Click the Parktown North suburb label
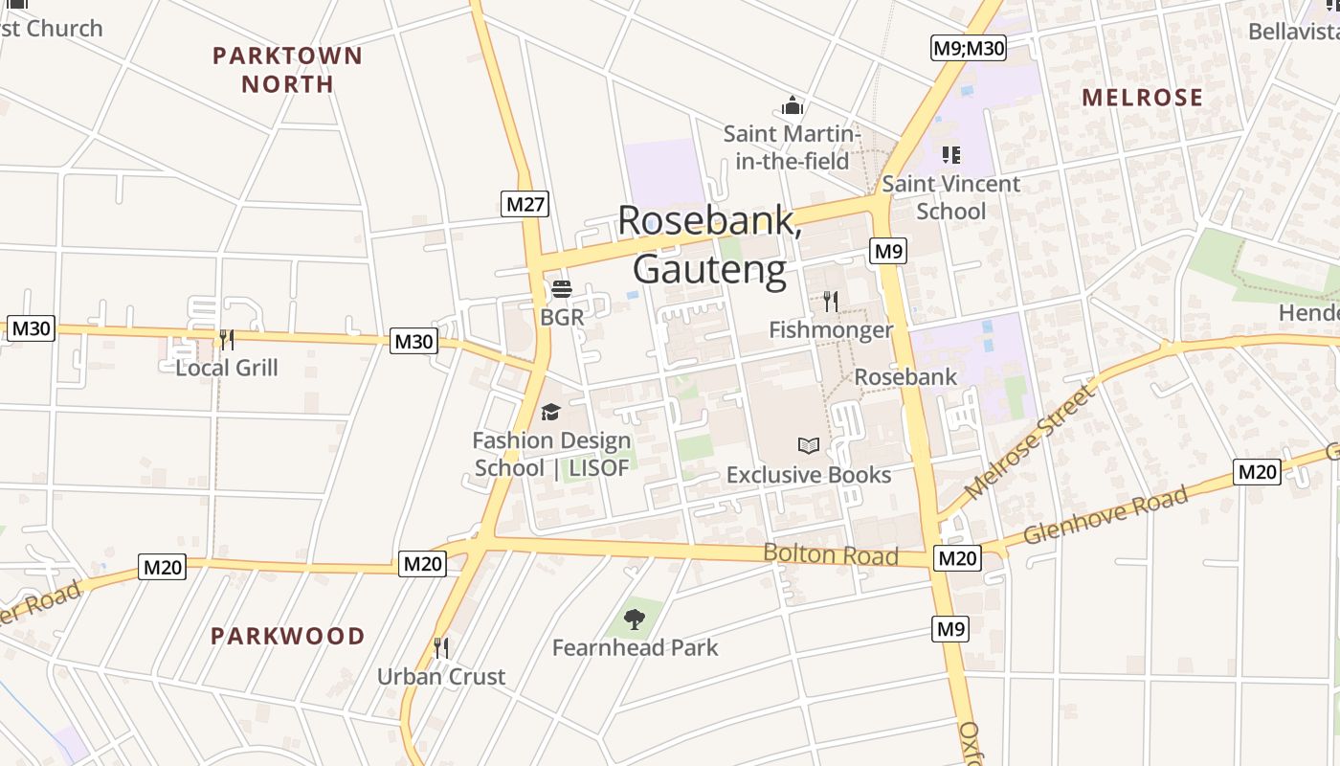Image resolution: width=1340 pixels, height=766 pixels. point(287,70)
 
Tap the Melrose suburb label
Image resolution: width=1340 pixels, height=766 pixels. point(1142,98)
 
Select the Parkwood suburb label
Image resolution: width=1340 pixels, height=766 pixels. point(287,636)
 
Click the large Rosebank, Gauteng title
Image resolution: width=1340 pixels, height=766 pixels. point(709,244)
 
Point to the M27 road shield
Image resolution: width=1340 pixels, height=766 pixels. point(525,204)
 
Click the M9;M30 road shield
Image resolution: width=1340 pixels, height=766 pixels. point(969,48)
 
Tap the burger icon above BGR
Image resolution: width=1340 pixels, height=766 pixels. point(561,289)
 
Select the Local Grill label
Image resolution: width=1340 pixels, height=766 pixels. point(227,368)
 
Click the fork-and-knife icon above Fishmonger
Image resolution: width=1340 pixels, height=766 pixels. point(831,302)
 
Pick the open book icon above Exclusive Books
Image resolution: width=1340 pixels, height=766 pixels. point(809,445)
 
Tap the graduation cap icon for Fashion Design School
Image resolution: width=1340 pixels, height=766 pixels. point(550,413)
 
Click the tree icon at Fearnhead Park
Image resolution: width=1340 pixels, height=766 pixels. point(634,620)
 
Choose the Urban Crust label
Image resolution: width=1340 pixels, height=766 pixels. point(441,676)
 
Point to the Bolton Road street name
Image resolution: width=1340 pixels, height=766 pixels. point(830,554)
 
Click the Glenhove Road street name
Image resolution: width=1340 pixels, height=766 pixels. point(1105,515)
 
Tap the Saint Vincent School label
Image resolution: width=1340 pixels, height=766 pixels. point(950,197)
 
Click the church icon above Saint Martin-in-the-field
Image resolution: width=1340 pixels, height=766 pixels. point(793,105)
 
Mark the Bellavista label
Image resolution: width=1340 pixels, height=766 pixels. point(1293,32)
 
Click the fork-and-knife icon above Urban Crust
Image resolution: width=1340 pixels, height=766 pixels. point(441,648)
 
